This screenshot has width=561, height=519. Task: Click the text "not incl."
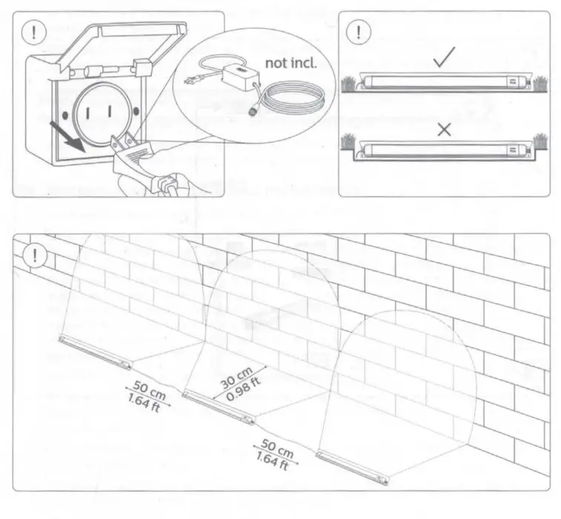291,63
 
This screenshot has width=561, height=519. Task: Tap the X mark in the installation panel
444,129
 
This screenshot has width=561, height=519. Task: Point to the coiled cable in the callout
292,97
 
